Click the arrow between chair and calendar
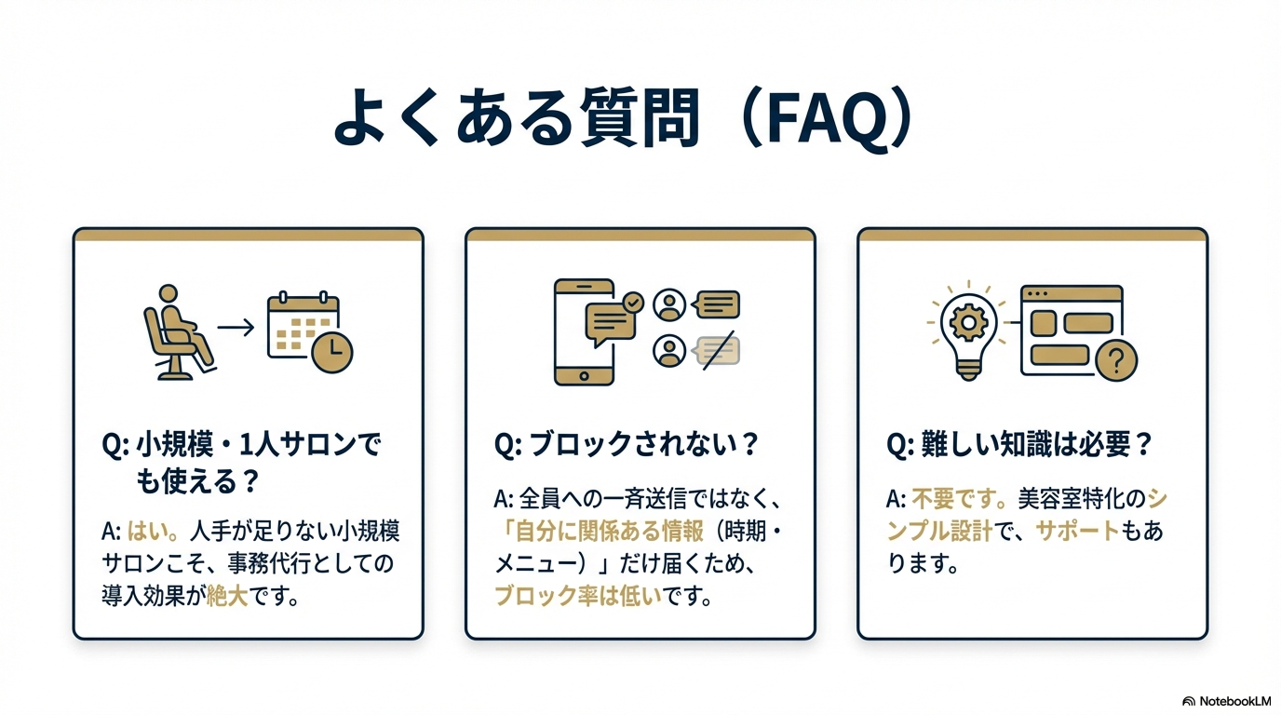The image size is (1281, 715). (236, 328)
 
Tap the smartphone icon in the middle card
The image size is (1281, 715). (584, 331)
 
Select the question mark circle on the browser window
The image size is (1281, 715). (1117, 359)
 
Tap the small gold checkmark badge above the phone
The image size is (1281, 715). (633, 302)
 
